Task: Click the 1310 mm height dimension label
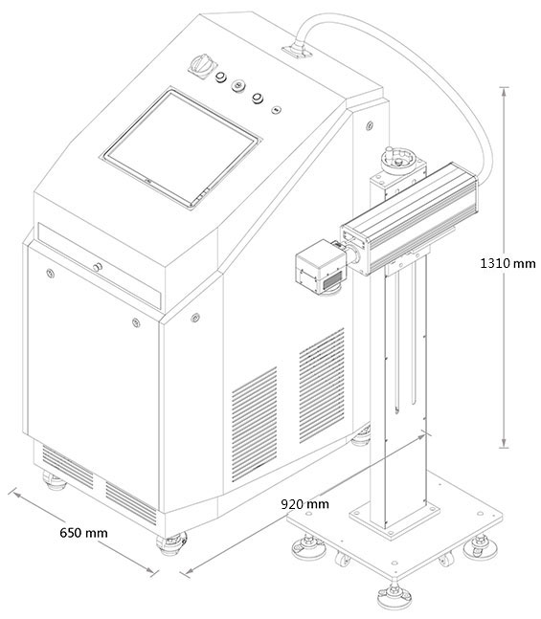(x=507, y=263)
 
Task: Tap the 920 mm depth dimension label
(x=304, y=504)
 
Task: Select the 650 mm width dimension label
(x=83, y=533)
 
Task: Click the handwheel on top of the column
(x=396, y=159)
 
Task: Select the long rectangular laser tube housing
(x=409, y=218)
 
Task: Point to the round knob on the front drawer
(x=98, y=267)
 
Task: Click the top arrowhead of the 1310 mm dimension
(x=504, y=91)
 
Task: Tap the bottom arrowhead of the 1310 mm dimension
(x=504, y=443)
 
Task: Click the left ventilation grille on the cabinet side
(x=254, y=424)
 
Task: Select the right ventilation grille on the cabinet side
(x=322, y=385)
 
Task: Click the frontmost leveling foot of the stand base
(x=394, y=596)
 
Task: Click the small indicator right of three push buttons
(x=276, y=109)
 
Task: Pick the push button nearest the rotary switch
(x=221, y=77)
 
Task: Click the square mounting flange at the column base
(x=394, y=514)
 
